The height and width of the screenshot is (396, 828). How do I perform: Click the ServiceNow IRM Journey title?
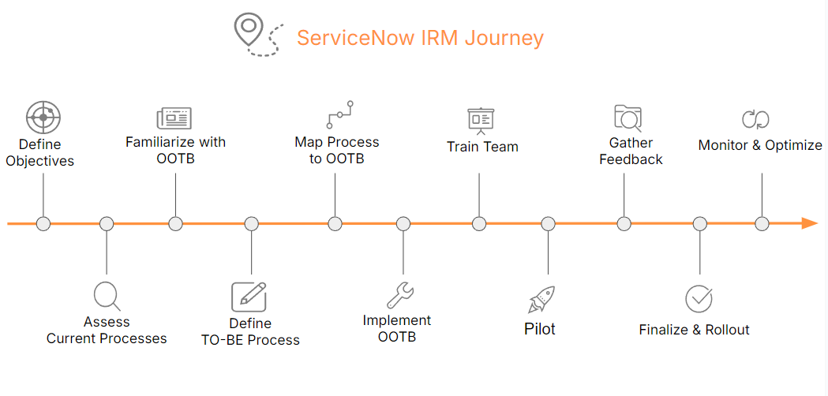coord(420,38)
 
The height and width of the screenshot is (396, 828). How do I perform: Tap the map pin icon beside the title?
coord(248,29)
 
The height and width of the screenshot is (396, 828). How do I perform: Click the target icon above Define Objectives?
coord(43,117)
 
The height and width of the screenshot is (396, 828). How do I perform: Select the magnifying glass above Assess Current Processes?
coord(106,296)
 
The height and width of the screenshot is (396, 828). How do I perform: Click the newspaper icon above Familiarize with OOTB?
coord(174,118)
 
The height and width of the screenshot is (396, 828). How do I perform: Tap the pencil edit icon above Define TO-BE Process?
coord(249,297)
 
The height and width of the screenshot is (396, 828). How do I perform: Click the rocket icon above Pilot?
coord(541,299)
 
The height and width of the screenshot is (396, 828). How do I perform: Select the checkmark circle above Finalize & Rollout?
coord(699,299)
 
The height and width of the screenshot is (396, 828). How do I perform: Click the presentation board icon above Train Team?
coord(480,120)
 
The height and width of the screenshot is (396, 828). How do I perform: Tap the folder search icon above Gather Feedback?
coord(628,118)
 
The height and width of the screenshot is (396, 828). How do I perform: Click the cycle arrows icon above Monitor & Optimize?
coord(755,119)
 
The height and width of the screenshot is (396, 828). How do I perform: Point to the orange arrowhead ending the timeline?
coord(809,223)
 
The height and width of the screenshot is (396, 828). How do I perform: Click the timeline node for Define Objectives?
coord(43,223)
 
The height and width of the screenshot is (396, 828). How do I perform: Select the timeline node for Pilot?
coord(549,223)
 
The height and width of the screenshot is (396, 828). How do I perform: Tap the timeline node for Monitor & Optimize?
coord(762,223)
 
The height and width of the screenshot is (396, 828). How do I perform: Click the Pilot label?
coord(540,329)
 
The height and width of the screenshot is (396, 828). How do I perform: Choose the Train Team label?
coord(482,147)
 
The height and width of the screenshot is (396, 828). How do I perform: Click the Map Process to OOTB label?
coord(336,151)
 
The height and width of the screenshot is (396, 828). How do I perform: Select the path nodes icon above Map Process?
coord(339,114)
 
